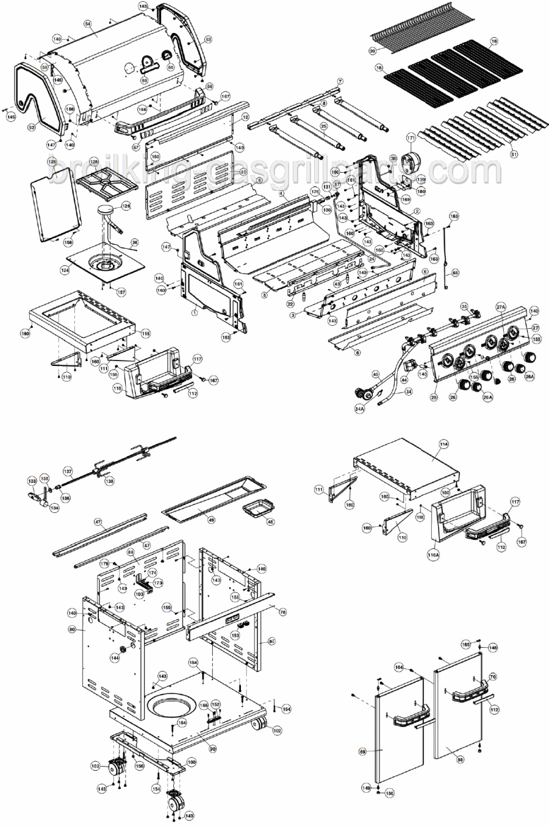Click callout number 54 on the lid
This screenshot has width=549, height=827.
tap(88, 23)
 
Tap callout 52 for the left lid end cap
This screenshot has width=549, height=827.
tap(32, 127)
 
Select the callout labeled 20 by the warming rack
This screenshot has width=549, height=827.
tap(372, 51)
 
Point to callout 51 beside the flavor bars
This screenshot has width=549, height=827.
tap(513, 154)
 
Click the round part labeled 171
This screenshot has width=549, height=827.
tap(411, 138)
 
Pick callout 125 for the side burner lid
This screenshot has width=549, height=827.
tap(52, 161)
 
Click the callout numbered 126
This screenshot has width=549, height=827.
tap(126, 206)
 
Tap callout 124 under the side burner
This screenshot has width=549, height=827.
tap(64, 269)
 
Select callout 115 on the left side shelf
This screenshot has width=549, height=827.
tap(145, 333)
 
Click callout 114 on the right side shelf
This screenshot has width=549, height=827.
tap(443, 445)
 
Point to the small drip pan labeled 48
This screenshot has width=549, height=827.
tap(270, 521)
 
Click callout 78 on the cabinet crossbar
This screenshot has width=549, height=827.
tap(282, 610)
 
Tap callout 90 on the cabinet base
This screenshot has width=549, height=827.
tap(213, 749)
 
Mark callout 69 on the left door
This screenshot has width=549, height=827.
tap(362, 751)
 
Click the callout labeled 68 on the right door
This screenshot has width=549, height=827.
tap(460, 759)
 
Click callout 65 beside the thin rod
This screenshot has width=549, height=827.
tap(455, 273)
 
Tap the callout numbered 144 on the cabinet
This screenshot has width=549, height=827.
tap(114, 658)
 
